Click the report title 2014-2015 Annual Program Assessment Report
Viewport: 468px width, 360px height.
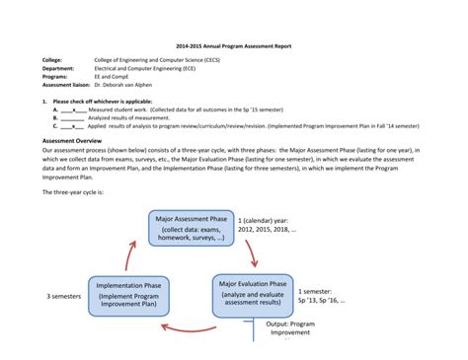[x=233, y=45]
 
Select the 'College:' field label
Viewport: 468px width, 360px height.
[x=50, y=61]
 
